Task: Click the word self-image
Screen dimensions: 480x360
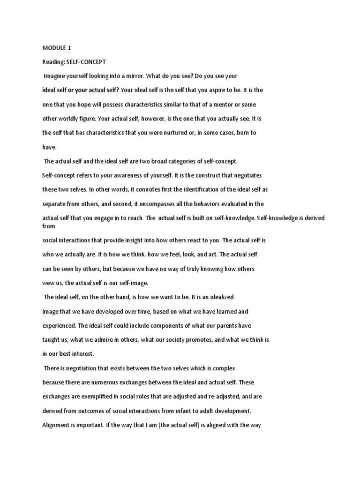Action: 133,283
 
